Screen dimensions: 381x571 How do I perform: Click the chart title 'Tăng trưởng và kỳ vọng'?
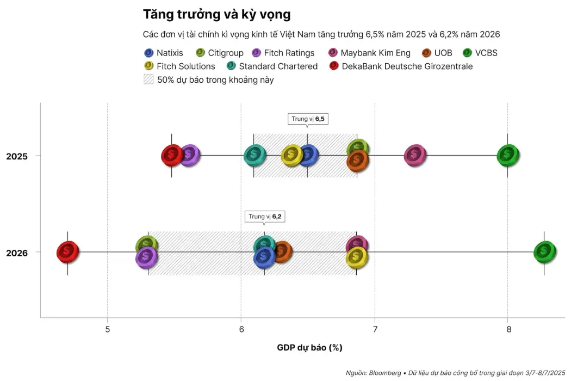[216, 14]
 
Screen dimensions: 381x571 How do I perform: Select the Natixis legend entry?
[164, 53]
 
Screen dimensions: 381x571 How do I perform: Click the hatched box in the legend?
[148, 79]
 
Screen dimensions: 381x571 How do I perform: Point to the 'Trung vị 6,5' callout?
[308, 119]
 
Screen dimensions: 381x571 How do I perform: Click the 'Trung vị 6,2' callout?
[265, 216]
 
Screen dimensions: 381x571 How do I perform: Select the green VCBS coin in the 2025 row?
[508, 155]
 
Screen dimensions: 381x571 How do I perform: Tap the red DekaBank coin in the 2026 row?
[67, 252]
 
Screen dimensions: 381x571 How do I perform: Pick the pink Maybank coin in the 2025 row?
[415, 156]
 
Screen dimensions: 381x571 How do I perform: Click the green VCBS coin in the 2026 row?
[544, 251]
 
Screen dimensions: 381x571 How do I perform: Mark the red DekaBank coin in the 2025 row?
[172, 156]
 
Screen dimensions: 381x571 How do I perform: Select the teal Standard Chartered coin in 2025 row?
[253, 156]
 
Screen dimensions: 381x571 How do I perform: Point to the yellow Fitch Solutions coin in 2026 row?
[356, 256]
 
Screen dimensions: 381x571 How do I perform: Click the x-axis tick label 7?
[375, 330]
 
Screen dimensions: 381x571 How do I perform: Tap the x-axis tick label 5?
[108, 330]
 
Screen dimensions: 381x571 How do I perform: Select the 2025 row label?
[16, 156]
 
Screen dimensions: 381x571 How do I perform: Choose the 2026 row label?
[16, 253]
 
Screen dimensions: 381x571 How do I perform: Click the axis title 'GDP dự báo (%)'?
[309, 347]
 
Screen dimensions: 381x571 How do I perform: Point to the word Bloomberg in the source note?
[383, 373]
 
